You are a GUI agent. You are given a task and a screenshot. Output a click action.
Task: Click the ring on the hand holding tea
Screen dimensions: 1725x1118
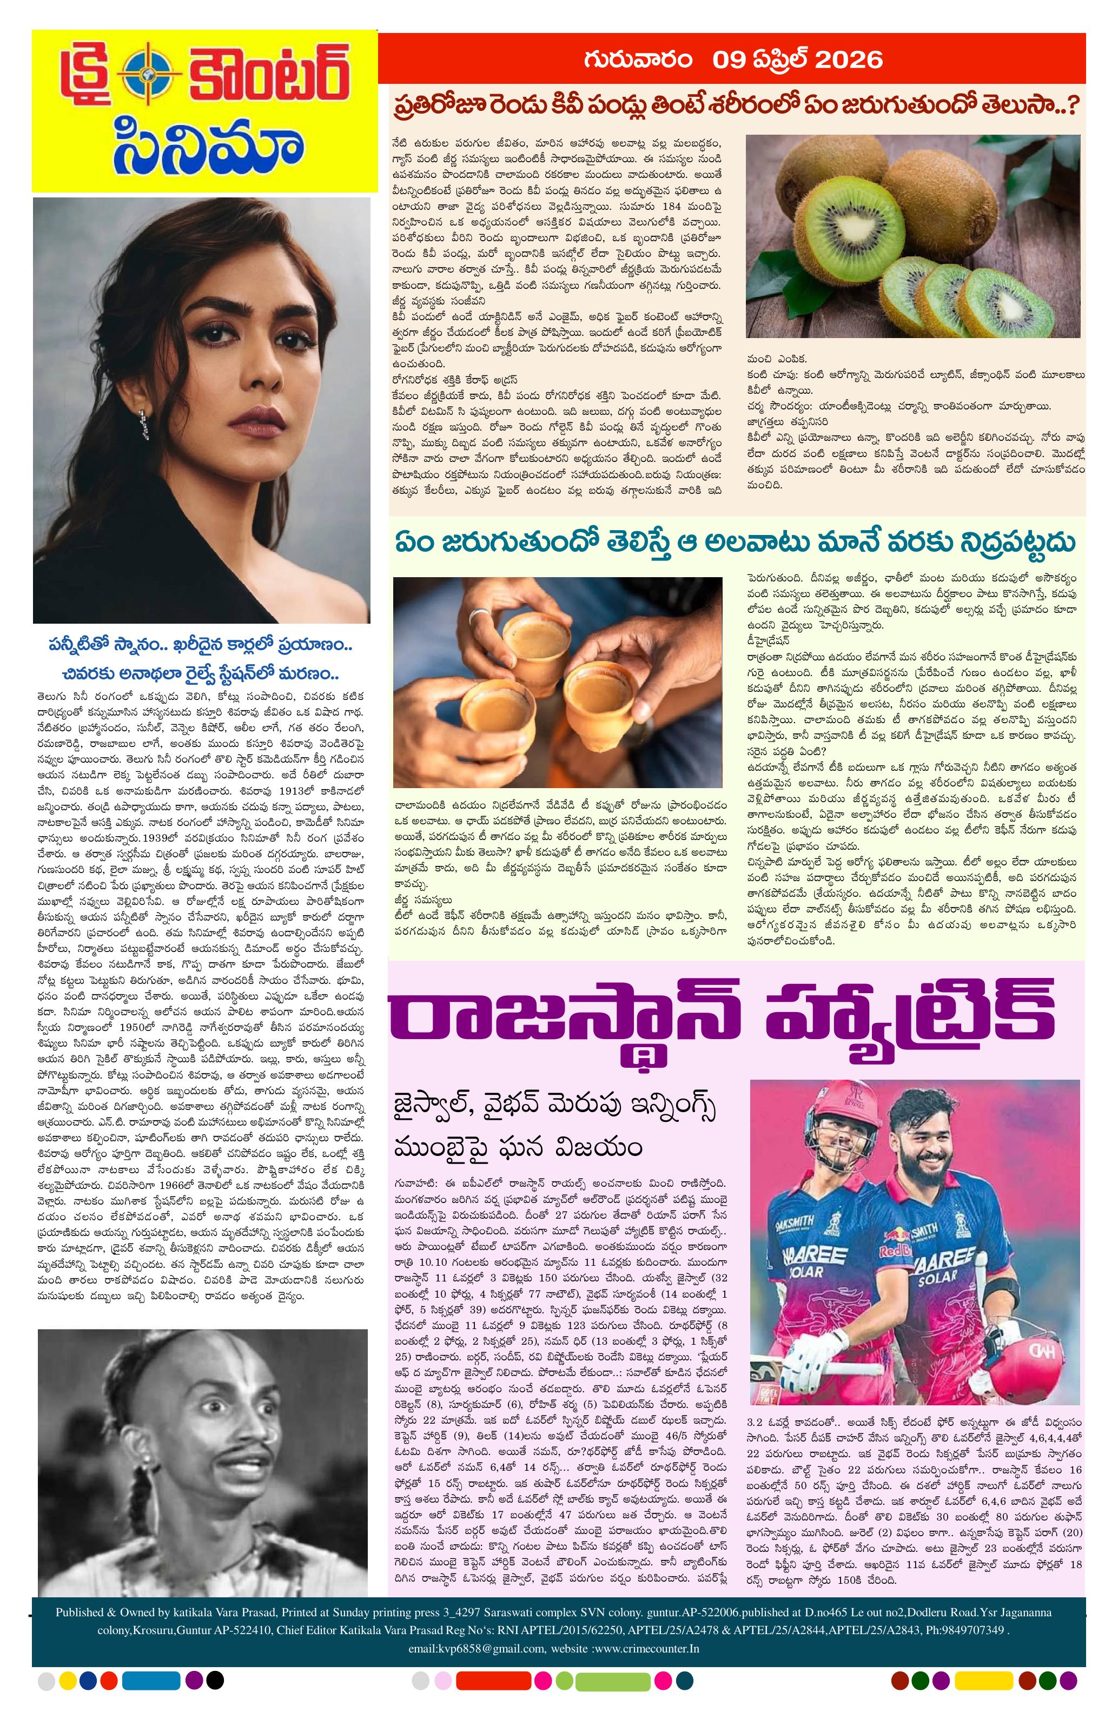(x=478, y=617)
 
